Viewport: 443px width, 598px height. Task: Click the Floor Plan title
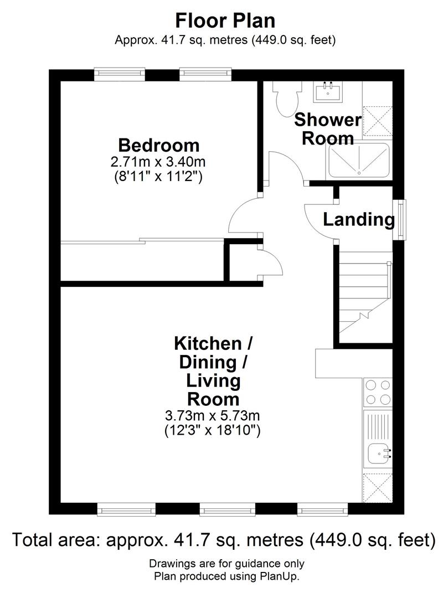(225, 20)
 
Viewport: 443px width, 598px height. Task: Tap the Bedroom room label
(158, 146)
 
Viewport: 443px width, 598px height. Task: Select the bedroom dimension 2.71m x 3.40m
(158, 162)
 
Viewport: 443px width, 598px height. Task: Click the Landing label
(358, 220)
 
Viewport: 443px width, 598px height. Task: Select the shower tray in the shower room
(359, 161)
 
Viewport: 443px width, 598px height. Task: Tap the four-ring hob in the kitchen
(378, 392)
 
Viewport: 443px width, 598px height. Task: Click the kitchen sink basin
(379, 455)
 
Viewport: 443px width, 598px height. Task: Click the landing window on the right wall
(399, 219)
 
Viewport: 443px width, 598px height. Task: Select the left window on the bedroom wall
(120, 74)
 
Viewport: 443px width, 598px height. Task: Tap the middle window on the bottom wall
(225, 510)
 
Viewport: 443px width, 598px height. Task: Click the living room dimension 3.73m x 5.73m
(213, 415)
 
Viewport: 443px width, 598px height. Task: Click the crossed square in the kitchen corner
(378, 487)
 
